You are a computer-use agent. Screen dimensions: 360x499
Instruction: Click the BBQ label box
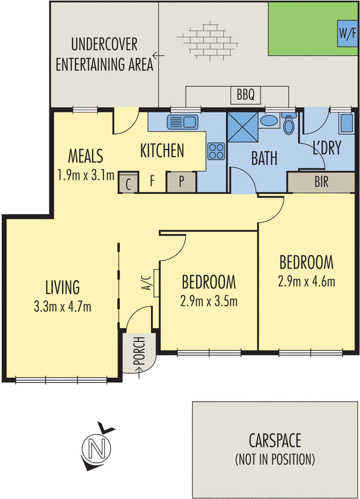click(x=246, y=95)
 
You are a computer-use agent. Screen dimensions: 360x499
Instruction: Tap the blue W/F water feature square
click(x=348, y=33)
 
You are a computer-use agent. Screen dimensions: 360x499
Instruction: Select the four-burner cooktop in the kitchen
click(x=216, y=151)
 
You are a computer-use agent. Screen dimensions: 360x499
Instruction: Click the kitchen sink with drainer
click(x=182, y=122)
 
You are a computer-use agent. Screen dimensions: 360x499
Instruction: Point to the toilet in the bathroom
click(x=289, y=124)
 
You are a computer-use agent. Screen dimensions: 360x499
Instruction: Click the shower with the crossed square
click(x=242, y=128)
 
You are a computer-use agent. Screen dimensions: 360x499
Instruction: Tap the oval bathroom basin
click(x=269, y=120)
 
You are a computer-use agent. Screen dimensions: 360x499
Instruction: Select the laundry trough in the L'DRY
click(x=346, y=123)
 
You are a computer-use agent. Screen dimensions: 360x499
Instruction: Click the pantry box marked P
click(x=181, y=182)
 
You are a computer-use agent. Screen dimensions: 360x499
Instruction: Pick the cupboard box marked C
click(x=129, y=183)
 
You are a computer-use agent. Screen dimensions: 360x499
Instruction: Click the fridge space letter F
click(x=152, y=181)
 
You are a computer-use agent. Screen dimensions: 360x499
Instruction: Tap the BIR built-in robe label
click(x=321, y=182)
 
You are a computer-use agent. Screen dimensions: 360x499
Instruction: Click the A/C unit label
click(x=147, y=283)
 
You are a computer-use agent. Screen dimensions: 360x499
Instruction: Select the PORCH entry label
click(x=139, y=351)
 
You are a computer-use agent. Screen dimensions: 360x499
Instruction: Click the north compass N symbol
click(x=97, y=448)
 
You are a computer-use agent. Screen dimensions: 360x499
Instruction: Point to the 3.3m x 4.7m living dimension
click(x=62, y=307)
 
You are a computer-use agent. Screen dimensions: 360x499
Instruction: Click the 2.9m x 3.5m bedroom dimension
click(x=209, y=301)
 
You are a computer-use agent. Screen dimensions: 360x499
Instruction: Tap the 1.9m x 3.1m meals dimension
click(x=86, y=175)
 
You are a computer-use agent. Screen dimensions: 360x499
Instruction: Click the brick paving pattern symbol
click(x=208, y=41)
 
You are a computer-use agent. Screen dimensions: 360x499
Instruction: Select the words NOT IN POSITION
click(x=275, y=459)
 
